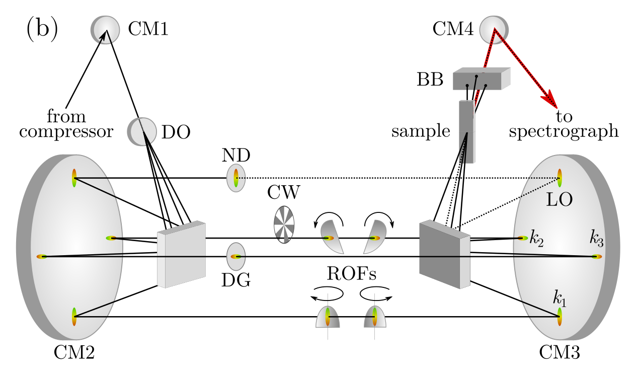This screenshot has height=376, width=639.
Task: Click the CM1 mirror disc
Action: click(x=106, y=30)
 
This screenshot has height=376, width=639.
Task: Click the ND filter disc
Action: click(x=235, y=178)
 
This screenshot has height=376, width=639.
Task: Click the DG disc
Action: click(x=235, y=256)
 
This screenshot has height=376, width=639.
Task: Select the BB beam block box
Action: click(x=481, y=79)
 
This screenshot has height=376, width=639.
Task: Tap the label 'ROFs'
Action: click(x=351, y=275)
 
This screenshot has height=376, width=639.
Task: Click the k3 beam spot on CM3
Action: click(x=597, y=257)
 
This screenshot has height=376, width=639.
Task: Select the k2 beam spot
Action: click(x=523, y=238)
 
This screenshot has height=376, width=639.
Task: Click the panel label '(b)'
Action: click(x=42, y=29)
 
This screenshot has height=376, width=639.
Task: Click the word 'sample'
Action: click(x=421, y=131)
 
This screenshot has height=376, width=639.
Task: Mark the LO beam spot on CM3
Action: click(x=559, y=178)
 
